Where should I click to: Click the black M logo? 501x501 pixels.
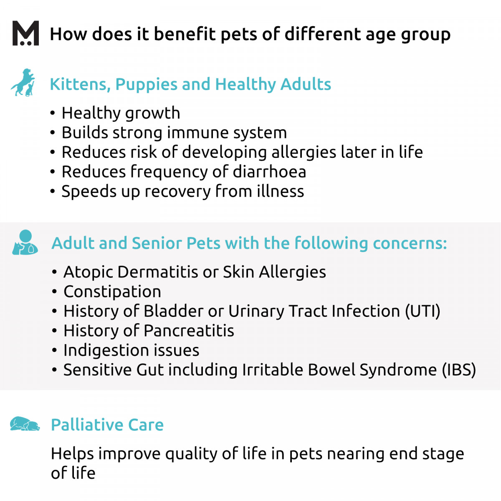click(x=26, y=33)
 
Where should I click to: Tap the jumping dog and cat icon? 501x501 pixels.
click(x=23, y=82)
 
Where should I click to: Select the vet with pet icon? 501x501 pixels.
click(x=25, y=242)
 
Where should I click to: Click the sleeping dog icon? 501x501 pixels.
click(x=25, y=424)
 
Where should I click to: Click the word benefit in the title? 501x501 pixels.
click(x=185, y=34)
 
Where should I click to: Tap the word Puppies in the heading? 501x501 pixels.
click(x=146, y=85)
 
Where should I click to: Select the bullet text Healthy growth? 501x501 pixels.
click(x=121, y=113)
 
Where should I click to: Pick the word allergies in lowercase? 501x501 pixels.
click(x=304, y=152)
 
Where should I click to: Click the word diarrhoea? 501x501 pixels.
click(x=269, y=172)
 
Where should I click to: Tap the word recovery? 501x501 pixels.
click(x=177, y=192)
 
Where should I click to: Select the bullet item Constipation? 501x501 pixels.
click(x=112, y=292)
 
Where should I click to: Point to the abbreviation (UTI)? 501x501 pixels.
click(x=423, y=311)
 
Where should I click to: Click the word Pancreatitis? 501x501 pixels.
click(x=189, y=331)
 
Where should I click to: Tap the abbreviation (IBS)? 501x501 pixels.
click(x=459, y=370)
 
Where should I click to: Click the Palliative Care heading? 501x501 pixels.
click(x=107, y=425)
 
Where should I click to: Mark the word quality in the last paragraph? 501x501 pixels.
click(x=191, y=454)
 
